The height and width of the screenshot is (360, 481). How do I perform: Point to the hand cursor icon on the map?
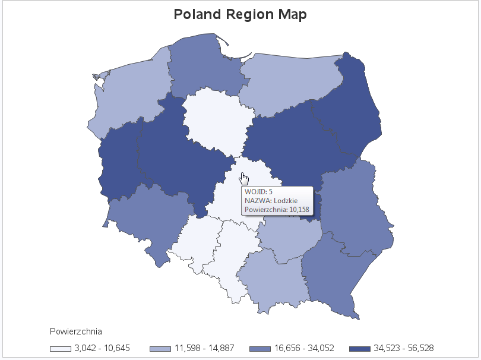point(244,178)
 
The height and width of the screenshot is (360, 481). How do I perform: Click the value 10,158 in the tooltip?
point(299,210)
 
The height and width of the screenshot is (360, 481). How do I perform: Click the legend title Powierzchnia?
point(77,330)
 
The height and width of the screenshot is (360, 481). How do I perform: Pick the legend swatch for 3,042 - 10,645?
point(61,348)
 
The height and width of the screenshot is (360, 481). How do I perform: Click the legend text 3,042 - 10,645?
point(102,348)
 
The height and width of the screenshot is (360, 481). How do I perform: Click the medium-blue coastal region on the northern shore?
point(202,65)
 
